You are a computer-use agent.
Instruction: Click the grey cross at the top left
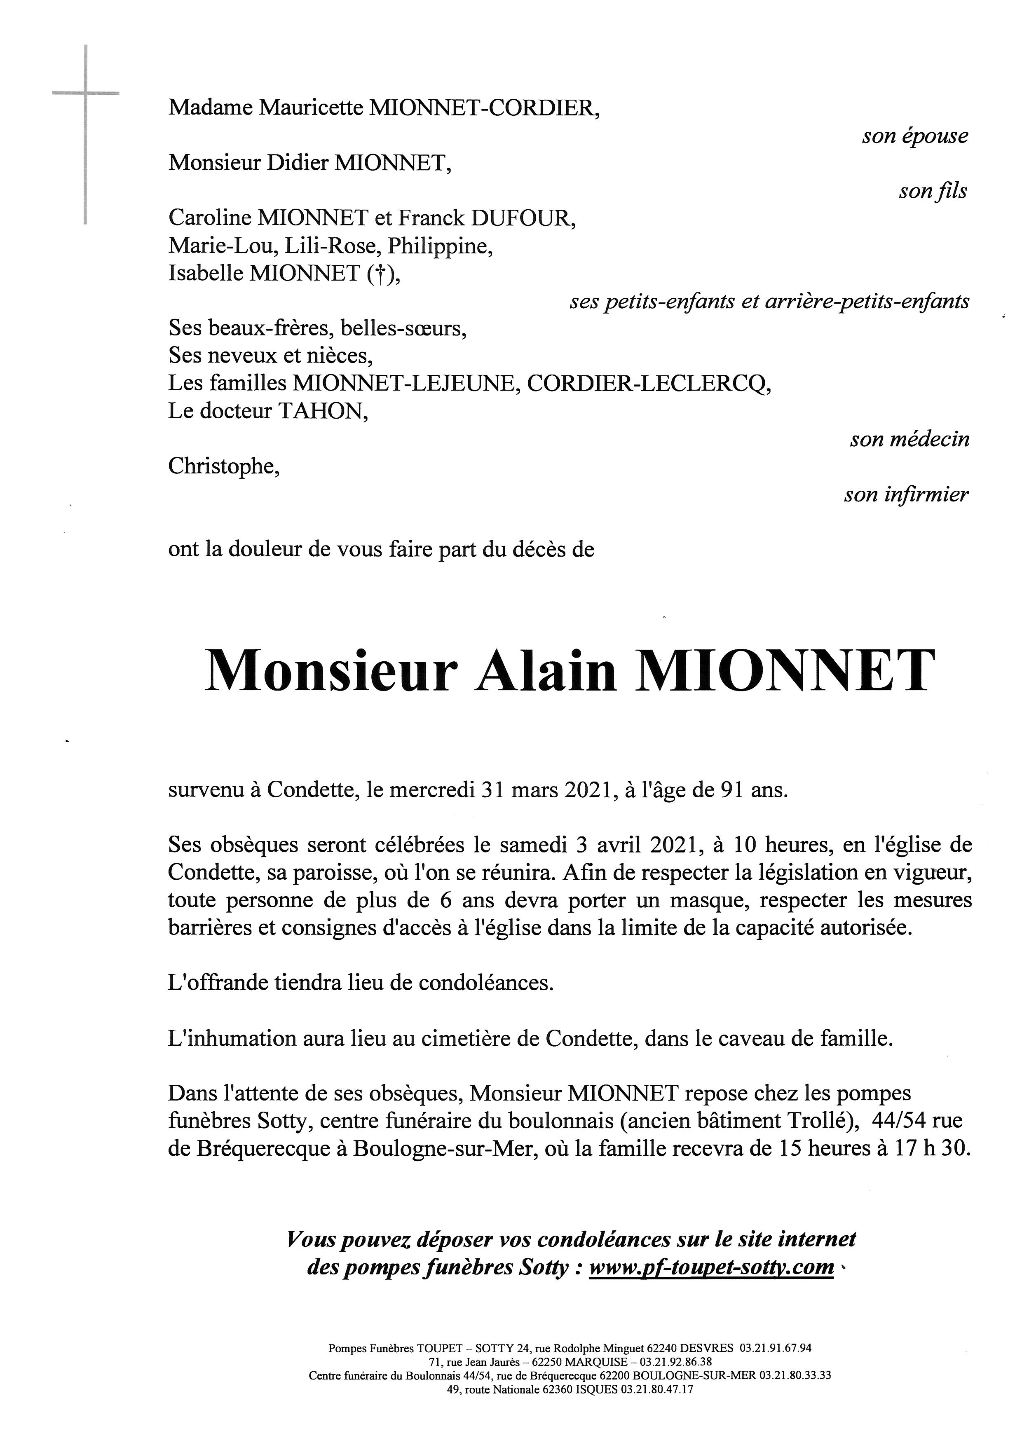(85, 94)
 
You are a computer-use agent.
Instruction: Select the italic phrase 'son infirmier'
(906, 495)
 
